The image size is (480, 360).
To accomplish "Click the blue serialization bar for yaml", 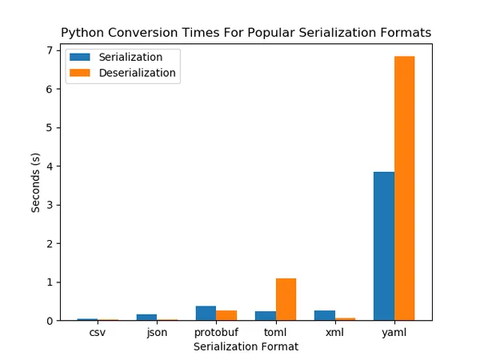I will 384,246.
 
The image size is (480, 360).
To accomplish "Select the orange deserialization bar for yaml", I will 404,188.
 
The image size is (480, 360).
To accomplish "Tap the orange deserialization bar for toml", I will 286,299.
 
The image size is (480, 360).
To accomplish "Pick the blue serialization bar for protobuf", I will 206,313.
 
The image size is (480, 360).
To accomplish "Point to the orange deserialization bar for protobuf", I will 226,315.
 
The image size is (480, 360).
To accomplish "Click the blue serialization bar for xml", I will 325,315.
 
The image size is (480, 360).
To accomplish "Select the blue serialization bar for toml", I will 266,316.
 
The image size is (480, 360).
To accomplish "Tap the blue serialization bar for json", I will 147,317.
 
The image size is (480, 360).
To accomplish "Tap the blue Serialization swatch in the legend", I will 80,58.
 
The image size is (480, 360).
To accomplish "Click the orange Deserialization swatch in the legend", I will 80,73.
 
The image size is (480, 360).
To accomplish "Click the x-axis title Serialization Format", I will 246,347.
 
